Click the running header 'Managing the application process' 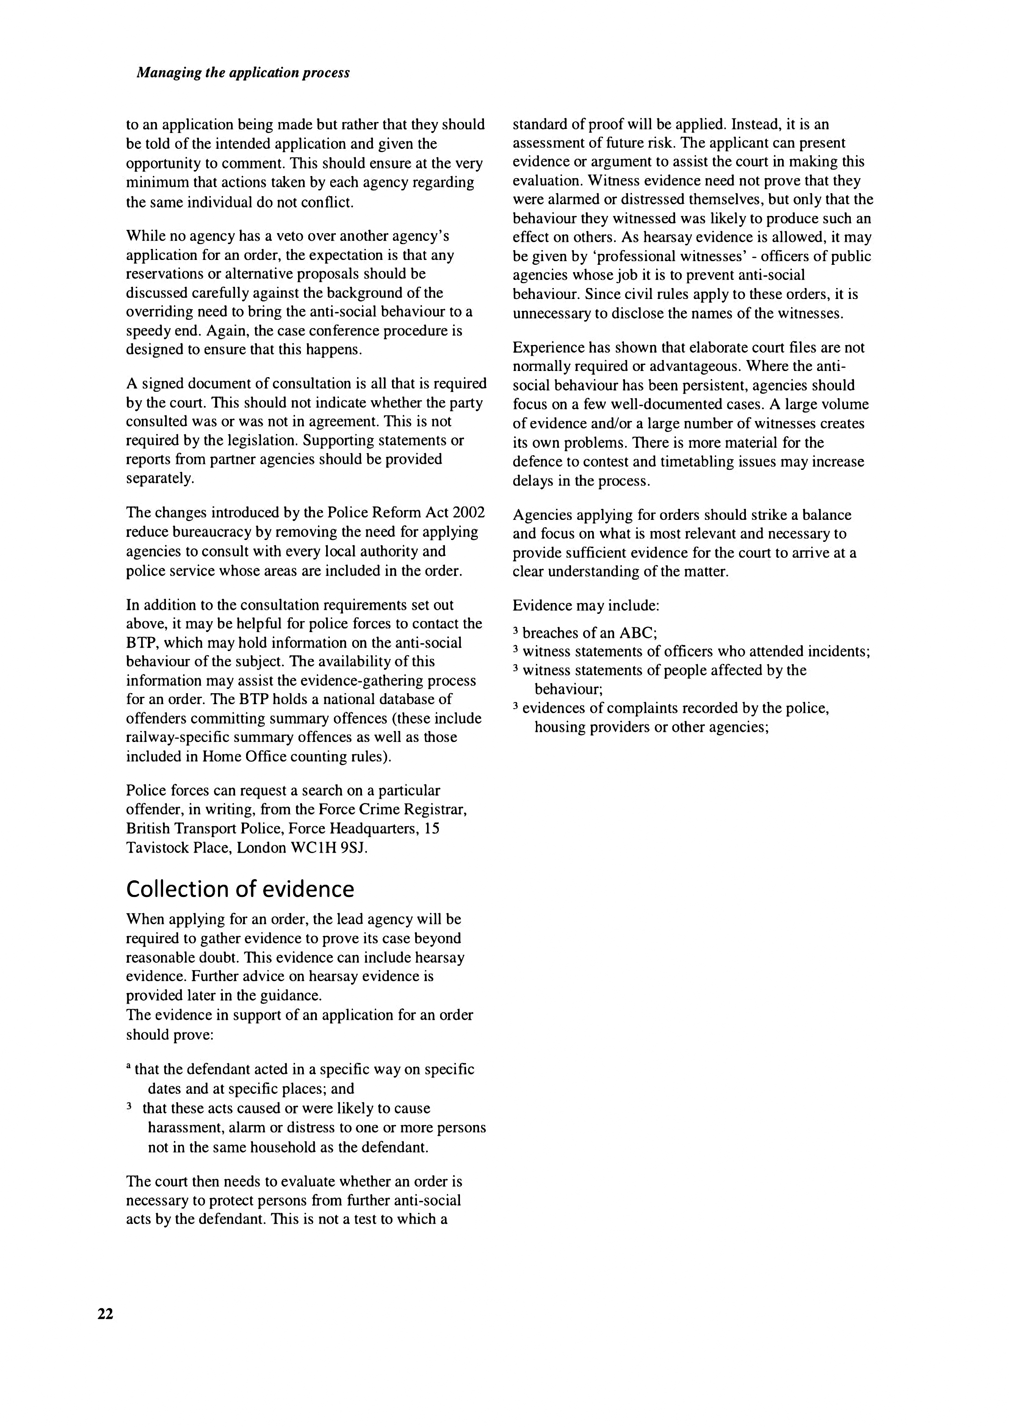coord(243,73)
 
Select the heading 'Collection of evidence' coord(240,889)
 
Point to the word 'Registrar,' coord(435,810)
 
